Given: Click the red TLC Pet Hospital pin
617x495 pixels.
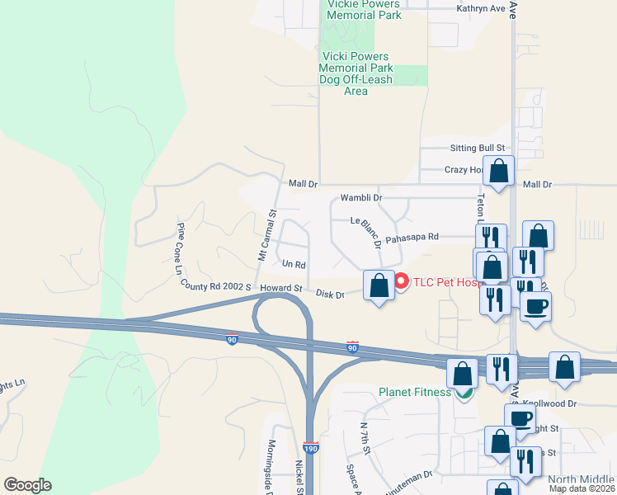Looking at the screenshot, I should (x=402, y=281).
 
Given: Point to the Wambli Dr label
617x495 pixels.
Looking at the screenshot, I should (x=361, y=198).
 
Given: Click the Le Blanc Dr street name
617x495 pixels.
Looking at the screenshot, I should (x=365, y=232).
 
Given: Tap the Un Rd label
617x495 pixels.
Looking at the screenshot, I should (x=294, y=265).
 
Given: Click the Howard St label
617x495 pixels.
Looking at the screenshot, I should (x=281, y=288).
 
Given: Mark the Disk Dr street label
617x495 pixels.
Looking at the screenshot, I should (x=330, y=294).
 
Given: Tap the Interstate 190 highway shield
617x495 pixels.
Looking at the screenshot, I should (x=311, y=448).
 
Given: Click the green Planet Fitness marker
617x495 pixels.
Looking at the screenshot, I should (x=465, y=393).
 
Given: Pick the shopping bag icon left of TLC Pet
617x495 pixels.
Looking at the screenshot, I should (x=379, y=285).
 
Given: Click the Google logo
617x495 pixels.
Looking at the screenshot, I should (x=27, y=485).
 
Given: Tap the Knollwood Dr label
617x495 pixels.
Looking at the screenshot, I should (x=547, y=404).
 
